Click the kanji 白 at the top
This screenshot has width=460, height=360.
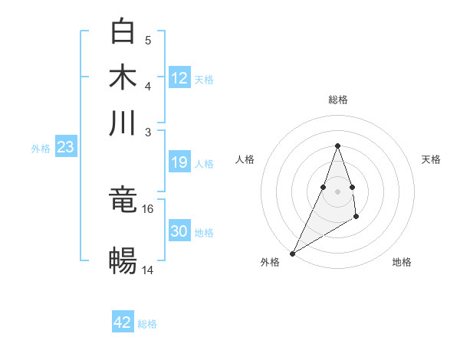[123, 32]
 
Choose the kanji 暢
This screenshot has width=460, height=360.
[123, 260]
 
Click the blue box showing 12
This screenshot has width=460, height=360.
[179, 77]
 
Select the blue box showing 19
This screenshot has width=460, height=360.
[179, 162]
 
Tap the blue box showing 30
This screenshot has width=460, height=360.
[179, 231]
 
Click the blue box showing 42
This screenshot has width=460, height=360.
[123, 322]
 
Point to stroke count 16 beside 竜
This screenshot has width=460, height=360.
[148, 208]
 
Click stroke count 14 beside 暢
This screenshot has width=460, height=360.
[148, 270]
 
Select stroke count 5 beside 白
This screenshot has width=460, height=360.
[148, 41]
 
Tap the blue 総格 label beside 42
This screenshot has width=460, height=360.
[147, 324]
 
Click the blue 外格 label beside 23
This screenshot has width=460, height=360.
[41, 149]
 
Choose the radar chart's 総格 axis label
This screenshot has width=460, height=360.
[337, 100]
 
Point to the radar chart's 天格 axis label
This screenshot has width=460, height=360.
[431, 159]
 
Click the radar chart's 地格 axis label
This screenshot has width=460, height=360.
[402, 262]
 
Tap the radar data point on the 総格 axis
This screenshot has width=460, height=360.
[337, 146]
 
